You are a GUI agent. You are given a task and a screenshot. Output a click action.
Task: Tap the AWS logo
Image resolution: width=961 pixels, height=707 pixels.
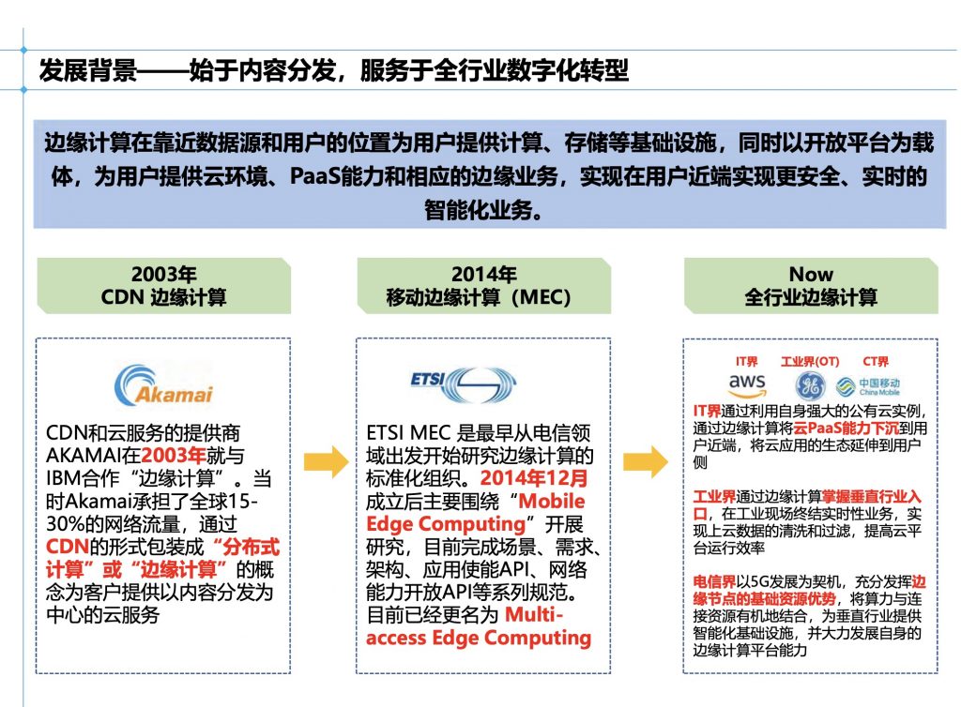747,384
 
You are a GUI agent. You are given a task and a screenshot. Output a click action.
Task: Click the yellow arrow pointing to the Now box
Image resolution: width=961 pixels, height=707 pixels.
645,460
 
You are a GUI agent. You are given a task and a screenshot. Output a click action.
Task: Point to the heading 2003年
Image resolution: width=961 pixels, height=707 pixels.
163,275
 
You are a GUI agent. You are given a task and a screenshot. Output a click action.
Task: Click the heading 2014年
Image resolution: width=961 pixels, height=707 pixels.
483,275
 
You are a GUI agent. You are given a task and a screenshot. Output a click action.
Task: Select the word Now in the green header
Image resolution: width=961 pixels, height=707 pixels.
811,275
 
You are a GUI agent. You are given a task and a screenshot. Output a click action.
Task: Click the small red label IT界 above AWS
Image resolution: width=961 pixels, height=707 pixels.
746,362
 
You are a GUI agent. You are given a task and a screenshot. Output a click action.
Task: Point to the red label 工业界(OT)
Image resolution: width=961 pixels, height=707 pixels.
810,362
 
